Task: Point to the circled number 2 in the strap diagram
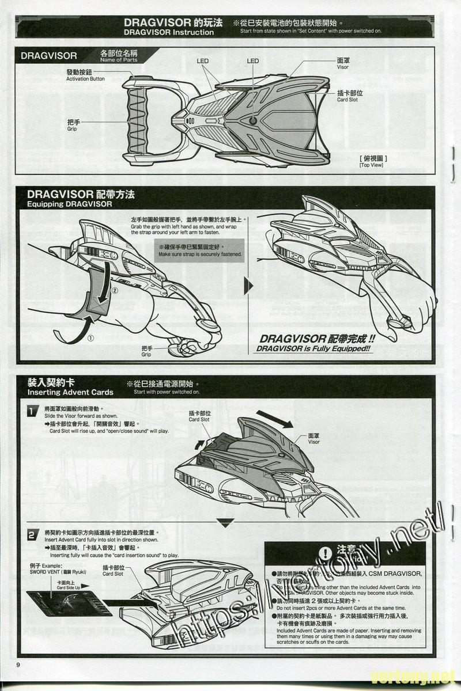point(114,291)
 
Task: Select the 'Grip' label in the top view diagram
point(73,125)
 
